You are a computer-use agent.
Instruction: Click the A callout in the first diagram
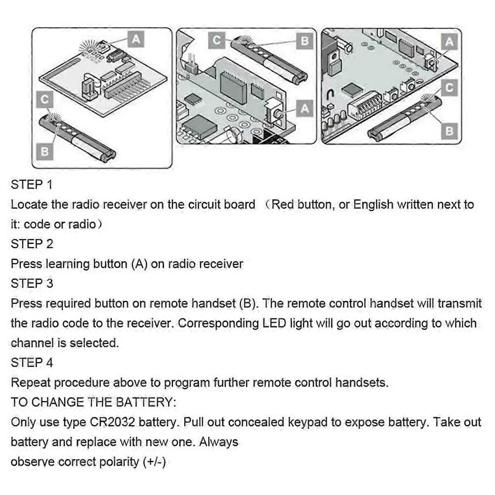click(x=136, y=40)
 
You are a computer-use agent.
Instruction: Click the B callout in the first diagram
click(x=45, y=152)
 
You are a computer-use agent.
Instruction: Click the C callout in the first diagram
click(x=45, y=99)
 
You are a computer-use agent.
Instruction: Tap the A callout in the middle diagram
click(x=304, y=109)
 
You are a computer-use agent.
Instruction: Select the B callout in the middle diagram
click(x=304, y=40)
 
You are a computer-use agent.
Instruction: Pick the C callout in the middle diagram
click(x=217, y=40)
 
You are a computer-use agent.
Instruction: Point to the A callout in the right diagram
click(x=449, y=41)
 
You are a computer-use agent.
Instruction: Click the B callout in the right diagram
click(x=449, y=131)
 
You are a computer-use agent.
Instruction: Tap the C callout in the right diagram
click(x=449, y=87)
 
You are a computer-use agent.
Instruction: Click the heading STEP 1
click(x=32, y=184)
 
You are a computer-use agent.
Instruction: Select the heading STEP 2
click(x=32, y=244)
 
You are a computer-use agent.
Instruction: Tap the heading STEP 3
click(x=32, y=283)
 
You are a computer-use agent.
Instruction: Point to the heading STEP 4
click(x=32, y=363)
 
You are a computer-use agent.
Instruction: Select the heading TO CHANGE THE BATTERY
click(x=93, y=402)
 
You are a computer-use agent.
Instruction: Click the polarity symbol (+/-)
click(x=154, y=462)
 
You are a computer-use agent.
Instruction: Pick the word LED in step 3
click(x=274, y=323)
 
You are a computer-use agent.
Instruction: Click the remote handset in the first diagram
click(x=78, y=138)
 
